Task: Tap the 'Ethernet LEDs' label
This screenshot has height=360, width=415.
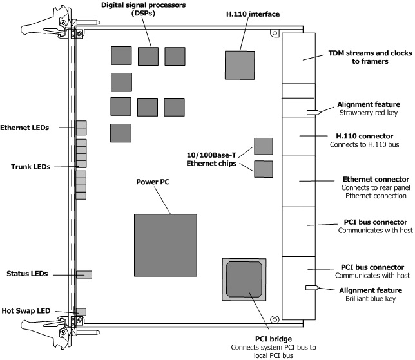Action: pyautogui.click(x=31, y=126)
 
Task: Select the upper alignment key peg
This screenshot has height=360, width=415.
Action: pyautogui.click(x=314, y=112)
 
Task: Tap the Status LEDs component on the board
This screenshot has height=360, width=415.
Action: pyautogui.click(x=84, y=275)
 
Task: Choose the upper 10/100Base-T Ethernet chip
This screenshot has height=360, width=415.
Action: pyautogui.click(x=263, y=146)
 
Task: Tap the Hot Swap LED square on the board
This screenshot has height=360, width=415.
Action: pyautogui.click(x=81, y=312)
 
